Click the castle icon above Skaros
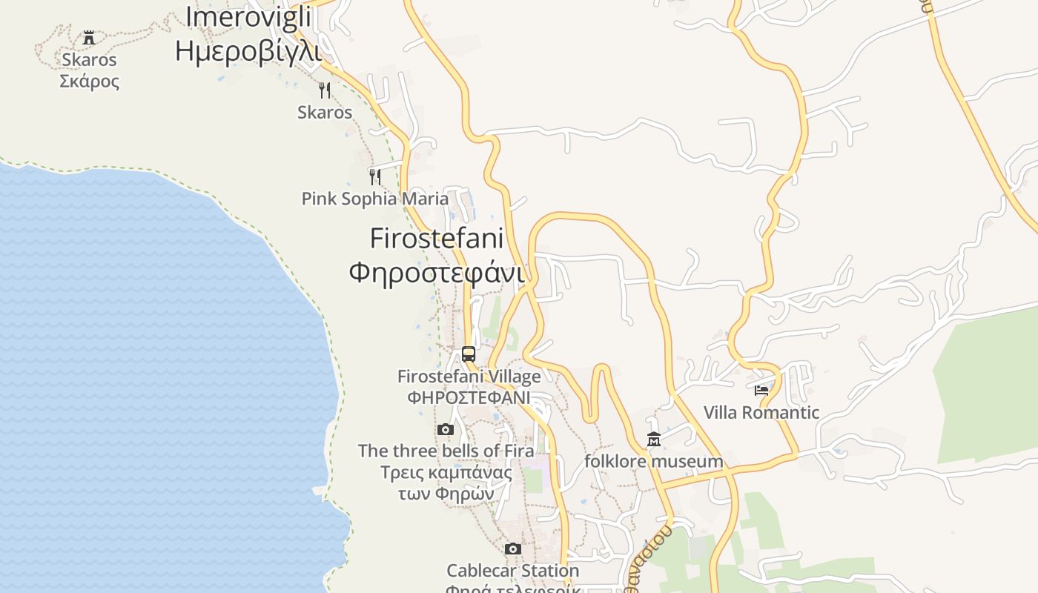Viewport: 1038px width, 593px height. (89, 37)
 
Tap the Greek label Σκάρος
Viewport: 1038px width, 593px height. (89, 81)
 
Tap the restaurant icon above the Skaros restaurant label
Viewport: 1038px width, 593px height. (325, 90)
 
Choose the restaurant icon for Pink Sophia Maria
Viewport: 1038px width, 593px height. (375, 176)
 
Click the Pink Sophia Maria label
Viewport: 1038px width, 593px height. (374, 199)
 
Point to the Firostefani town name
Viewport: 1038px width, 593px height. (437, 239)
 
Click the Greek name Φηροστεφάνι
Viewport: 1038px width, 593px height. (437, 272)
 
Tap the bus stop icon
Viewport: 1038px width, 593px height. (469, 354)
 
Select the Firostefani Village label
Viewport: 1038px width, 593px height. (469, 377)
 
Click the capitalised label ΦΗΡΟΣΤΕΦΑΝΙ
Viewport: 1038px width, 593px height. (469, 397)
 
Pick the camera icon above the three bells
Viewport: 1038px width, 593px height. (445, 429)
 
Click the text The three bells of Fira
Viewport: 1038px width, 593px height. (446, 451)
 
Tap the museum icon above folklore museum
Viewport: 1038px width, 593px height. (654, 440)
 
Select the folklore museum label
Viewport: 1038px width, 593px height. (654, 461)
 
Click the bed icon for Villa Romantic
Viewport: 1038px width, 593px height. (761, 390)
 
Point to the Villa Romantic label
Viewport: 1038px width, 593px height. (761, 412)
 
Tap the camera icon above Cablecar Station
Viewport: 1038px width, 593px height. (512, 549)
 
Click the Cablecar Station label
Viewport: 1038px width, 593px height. (512, 571)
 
